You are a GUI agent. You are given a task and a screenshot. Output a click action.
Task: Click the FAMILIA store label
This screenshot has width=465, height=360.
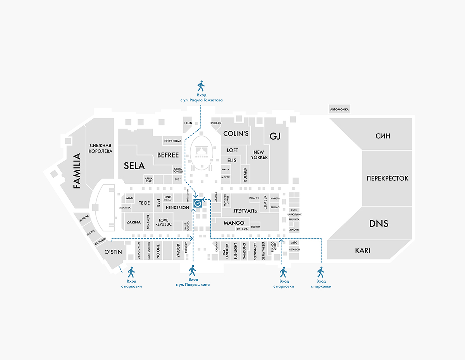(77, 171)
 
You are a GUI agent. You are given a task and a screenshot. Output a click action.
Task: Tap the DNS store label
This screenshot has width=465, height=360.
(379, 223)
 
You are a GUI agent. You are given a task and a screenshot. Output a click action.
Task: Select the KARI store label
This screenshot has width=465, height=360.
(362, 250)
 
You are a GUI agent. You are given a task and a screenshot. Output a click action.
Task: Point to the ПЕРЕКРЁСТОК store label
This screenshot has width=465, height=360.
(387, 178)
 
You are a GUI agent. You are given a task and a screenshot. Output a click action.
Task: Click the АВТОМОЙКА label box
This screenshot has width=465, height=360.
(339, 110)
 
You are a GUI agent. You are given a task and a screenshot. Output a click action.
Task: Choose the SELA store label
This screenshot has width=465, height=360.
(134, 166)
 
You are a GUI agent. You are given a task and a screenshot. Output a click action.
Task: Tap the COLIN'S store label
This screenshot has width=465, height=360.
(236, 134)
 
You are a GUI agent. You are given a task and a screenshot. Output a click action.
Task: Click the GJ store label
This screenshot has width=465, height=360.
(274, 136)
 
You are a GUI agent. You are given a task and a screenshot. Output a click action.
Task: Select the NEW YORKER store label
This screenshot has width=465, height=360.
(259, 155)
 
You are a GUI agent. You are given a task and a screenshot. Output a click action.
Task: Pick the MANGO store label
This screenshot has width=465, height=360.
(234, 223)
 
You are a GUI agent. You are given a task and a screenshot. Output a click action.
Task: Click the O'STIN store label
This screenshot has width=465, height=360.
(113, 252)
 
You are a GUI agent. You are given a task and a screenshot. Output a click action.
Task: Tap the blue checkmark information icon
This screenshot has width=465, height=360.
(197, 202)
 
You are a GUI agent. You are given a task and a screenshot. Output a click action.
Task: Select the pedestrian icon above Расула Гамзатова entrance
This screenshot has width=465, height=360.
(201, 86)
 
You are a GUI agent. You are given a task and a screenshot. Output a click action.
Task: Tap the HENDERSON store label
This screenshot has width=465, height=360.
(177, 207)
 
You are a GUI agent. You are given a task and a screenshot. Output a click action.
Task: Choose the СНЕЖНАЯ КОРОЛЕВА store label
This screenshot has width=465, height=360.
(100, 148)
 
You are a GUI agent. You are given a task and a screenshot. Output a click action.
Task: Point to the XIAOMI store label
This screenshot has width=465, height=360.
(294, 230)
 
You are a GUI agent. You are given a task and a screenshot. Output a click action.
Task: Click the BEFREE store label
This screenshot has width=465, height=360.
(168, 155)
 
